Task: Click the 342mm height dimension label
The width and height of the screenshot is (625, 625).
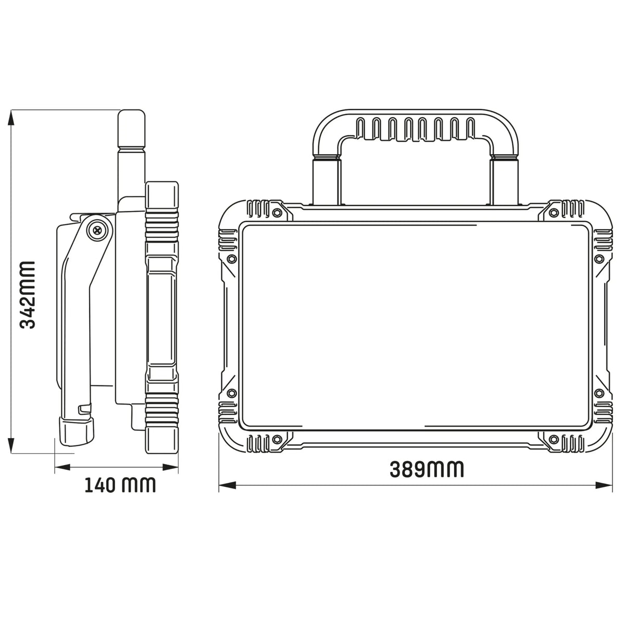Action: point(27,295)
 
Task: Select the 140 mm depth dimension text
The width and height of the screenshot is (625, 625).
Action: point(120,484)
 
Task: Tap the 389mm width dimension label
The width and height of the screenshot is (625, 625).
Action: point(427,469)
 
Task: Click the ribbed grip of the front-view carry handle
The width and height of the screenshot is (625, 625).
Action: point(416,129)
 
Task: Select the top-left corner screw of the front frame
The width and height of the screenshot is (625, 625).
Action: point(277,212)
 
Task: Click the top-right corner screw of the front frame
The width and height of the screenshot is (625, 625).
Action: point(554,212)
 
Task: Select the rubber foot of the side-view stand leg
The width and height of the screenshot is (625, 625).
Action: point(77,430)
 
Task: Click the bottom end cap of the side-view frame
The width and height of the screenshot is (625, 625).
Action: point(162,438)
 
